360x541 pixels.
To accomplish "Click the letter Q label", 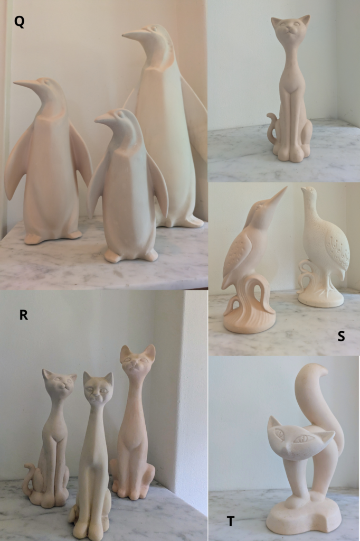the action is click(x=20, y=22).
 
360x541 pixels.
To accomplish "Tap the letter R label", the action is click(x=23, y=315).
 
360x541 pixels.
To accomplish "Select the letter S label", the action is click(x=341, y=335).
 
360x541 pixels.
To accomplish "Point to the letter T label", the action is click(x=231, y=521).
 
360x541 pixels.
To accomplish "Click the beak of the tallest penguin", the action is click(x=136, y=35).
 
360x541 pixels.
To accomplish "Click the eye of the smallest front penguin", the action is click(x=119, y=113).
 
